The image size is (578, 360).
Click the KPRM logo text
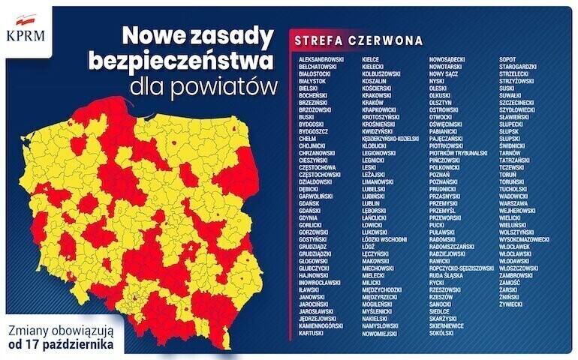[x=25, y=34]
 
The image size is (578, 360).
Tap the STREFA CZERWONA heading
[x=357, y=40]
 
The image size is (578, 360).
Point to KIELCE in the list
[x=371, y=58]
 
